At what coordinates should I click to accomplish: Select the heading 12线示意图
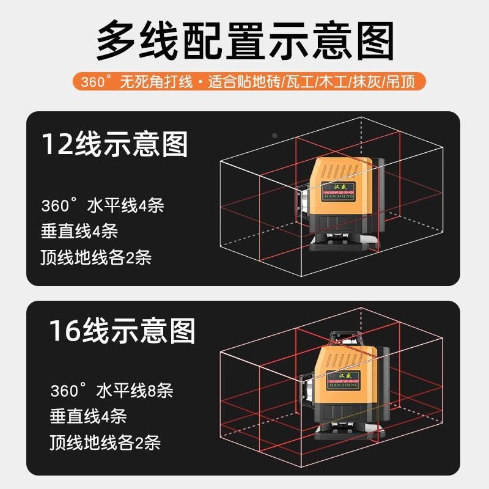(x=114, y=144)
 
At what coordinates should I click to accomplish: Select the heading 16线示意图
(x=122, y=331)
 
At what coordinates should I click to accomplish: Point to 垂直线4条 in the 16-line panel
(x=88, y=417)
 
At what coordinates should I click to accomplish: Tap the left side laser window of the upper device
(x=304, y=202)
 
